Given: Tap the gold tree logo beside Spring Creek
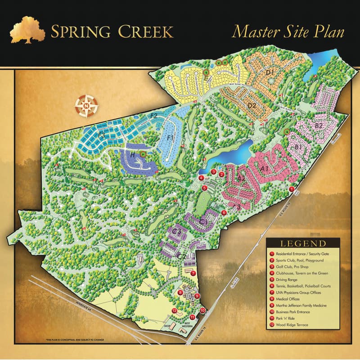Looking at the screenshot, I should [x=28, y=31].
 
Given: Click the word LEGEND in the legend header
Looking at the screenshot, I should [x=303, y=243].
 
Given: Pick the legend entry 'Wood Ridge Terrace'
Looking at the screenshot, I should [x=292, y=324].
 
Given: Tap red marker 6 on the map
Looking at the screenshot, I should [x=224, y=213].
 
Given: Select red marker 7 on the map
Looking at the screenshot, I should [x=193, y=273].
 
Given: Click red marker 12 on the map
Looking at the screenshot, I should [x=174, y=310].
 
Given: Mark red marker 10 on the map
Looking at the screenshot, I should [x=202, y=310].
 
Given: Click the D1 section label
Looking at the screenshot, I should [x=270, y=72].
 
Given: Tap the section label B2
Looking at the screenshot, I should [x=319, y=126].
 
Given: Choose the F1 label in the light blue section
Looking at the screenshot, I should [x=171, y=137].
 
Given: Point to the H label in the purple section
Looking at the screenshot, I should [x=133, y=154].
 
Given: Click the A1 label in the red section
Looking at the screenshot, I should [x=265, y=169].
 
